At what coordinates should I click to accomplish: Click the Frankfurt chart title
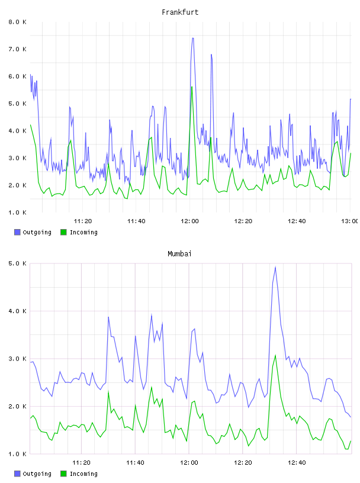(180, 12)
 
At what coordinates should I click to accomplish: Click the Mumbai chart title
(179, 253)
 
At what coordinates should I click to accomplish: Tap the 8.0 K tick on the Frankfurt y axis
(17, 22)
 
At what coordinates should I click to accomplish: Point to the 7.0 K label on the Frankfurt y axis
(17, 49)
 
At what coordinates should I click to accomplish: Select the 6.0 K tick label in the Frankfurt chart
(17, 76)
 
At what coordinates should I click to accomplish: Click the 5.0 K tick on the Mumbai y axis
(17, 263)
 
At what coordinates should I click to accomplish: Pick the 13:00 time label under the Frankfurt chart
(350, 221)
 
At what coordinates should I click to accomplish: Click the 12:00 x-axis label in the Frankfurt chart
(189, 221)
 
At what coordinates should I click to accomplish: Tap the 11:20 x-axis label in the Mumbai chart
(81, 462)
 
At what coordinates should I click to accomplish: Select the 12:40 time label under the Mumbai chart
(297, 462)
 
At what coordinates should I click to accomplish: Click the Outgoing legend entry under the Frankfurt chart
(33, 232)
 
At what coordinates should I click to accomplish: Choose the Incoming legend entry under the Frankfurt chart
(79, 232)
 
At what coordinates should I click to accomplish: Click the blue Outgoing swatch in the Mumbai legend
(17, 474)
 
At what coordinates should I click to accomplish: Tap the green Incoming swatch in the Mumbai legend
(63, 474)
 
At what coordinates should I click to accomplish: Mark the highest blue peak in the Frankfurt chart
(192, 38)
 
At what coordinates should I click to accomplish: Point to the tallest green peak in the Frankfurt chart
(192, 87)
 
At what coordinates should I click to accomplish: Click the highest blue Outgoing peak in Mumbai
(275, 267)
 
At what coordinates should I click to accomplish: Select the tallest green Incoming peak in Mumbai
(275, 355)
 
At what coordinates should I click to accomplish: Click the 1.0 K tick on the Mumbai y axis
(17, 454)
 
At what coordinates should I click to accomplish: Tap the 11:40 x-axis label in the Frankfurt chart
(136, 221)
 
